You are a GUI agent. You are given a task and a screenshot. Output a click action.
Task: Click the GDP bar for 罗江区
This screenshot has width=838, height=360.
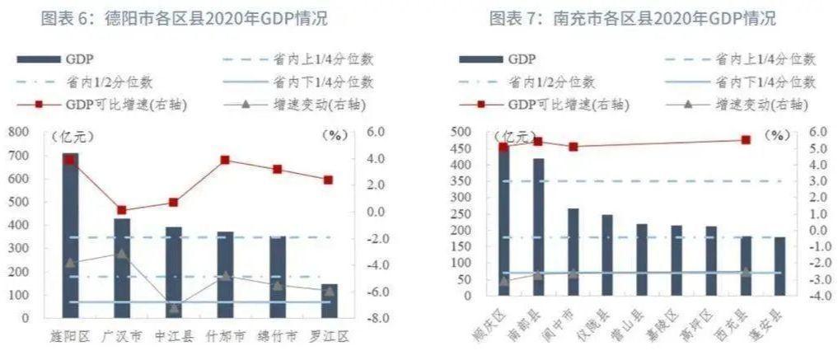[329, 301]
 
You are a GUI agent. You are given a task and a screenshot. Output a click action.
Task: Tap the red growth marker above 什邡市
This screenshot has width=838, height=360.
[225, 160]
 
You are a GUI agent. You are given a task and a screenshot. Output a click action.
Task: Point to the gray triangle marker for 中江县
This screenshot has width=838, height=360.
[174, 309]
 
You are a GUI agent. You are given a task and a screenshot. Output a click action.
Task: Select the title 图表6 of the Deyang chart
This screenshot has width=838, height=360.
[178, 18]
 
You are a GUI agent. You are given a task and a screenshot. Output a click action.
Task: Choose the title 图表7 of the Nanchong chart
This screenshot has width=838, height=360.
[632, 18]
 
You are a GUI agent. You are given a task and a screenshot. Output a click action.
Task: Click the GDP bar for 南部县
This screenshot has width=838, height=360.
[539, 227]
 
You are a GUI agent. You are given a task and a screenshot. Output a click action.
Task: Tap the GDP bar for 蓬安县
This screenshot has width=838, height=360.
[779, 266]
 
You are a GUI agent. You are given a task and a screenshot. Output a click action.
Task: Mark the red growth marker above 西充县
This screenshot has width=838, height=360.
[745, 140]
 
